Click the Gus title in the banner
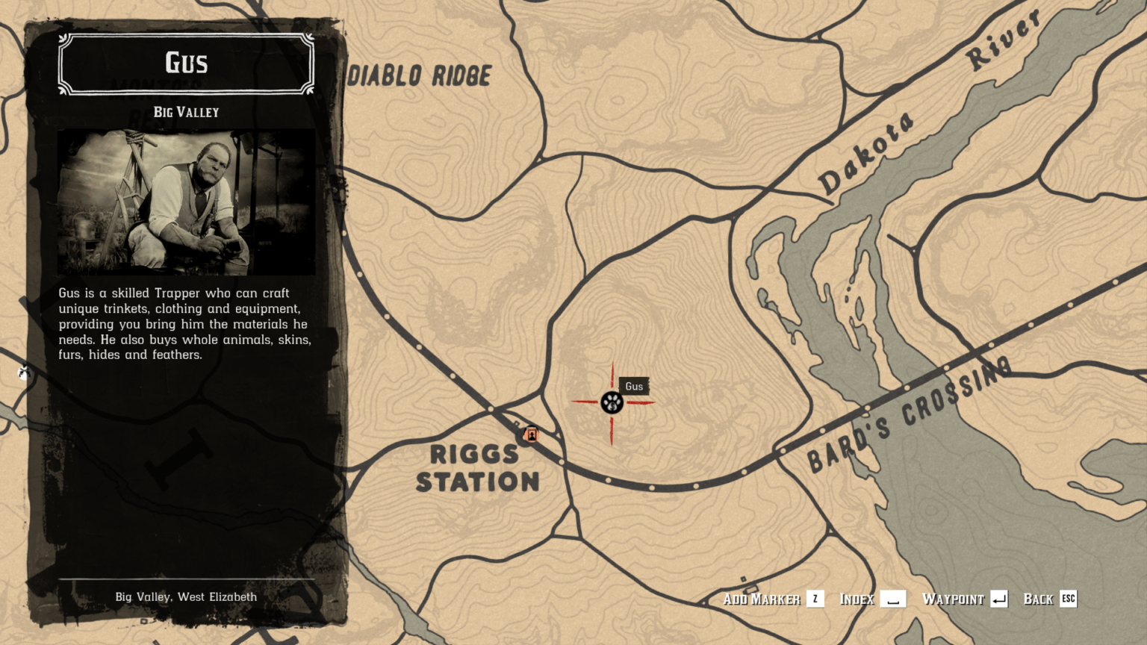186,63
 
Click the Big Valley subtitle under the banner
186,112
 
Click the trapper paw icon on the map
612,402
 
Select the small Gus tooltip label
634,386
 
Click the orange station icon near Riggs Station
531,434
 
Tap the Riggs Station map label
476,468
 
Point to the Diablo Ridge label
420,75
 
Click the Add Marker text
761,599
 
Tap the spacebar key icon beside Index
893,599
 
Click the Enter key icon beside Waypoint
999,599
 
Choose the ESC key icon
1069,599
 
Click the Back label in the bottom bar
1038,599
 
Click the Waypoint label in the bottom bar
953,599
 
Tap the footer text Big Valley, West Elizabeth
186,596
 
